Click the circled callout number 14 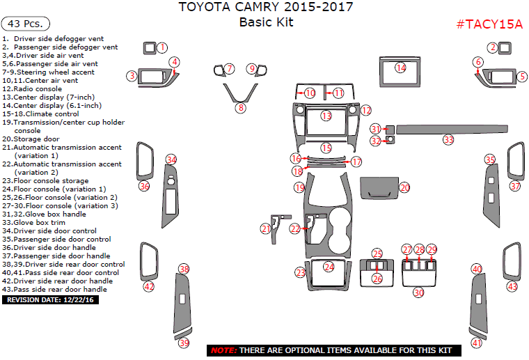(x=400, y=68)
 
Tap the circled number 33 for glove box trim (x=448, y=140)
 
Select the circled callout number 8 (x=240, y=108)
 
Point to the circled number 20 (x=404, y=187)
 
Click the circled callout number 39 (x=184, y=343)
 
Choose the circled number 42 (x=149, y=286)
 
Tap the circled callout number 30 (x=418, y=292)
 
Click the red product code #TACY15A (x=489, y=24)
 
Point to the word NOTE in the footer (x=223, y=350)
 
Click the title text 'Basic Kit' (x=266, y=22)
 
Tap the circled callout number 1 (x=162, y=47)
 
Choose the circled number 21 (x=266, y=228)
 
